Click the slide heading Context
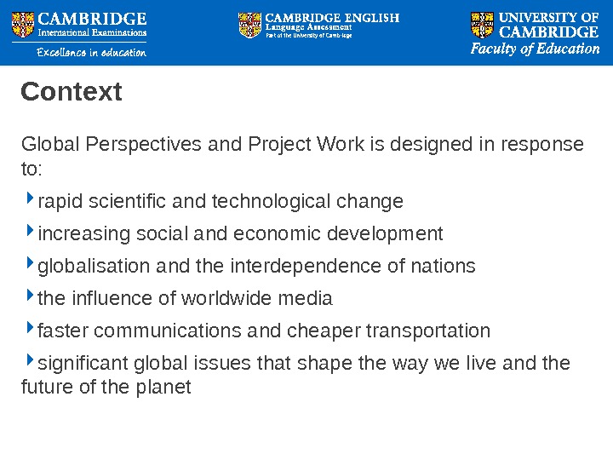pyautogui.click(x=72, y=91)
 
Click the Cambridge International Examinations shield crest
pyautogui.click(x=23, y=25)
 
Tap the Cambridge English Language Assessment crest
pyautogui.click(x=250, y=25)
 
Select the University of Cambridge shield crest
pyautogui.click(x=482, y=25)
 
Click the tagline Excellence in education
pyautogui.click(x=91, y=53)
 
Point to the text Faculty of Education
pyautogui.click(x=536, y=49)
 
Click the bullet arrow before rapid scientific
pyautogui.click(x=31, y=200)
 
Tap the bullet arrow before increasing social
pyautogui.click(x=31, y=233)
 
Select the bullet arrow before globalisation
pyautogui.click(x=31, y=265)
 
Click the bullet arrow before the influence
pyautogui.click(x=31, y=297)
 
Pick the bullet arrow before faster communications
pyautogui.click(x=31, y=330)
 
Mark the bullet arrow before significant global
pyautogui.click(x=31, y=362)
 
